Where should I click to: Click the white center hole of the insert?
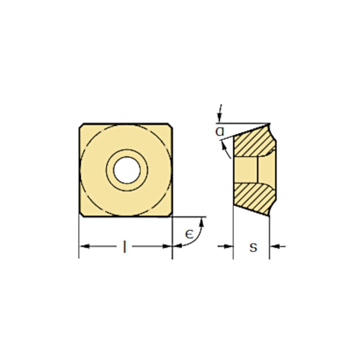127,169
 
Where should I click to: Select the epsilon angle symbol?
188,235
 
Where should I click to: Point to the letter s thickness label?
253,247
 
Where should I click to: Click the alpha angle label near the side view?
220,132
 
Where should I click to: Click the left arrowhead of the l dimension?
84,246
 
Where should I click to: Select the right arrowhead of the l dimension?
168,246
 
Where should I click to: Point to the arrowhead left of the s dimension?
229,246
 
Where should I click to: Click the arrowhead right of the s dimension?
274,246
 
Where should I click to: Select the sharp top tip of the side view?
269,124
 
